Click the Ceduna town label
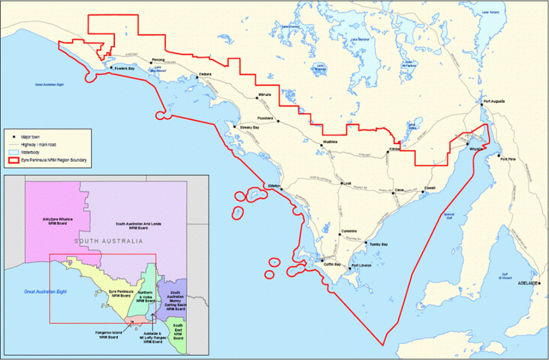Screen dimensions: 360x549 205,74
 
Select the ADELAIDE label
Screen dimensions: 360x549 527,284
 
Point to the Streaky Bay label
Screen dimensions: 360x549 250,128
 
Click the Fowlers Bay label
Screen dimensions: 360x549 126,68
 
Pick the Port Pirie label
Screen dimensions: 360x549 507,159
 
